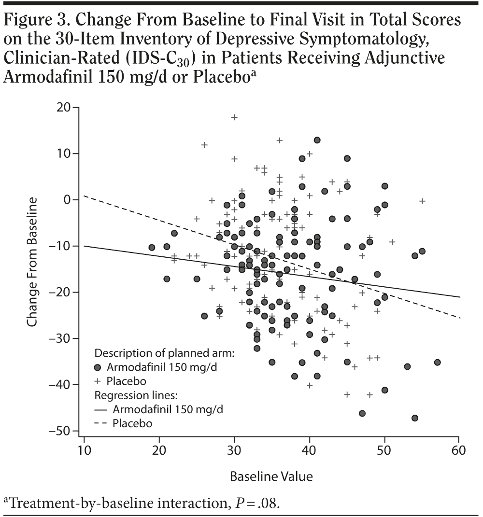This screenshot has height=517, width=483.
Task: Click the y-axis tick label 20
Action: pyautogui.click(x=63, y=107)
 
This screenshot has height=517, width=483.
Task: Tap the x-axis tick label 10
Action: pyautogui.click(x=84, y=451)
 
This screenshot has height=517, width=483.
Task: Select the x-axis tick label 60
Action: pyautogui.click(x=458, y=451)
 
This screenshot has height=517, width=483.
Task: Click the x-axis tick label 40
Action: pyautogui.click(x=309, y=451)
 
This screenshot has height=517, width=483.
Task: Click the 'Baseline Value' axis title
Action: pyautogui.click(x=271, y=476)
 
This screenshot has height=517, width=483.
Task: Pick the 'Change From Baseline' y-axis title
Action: pyautogui.click(x=32, y=262)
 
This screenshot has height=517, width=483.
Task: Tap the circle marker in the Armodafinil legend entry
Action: pyautogui.click(x=100, y=367)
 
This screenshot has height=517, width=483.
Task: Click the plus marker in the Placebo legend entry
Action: pyautogui.click(x=100, y=381)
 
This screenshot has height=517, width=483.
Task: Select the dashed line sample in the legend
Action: pyautogui.click(x=100, y=424)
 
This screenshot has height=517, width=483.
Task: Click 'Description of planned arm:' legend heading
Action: pyautogui.click(x=164, y=352)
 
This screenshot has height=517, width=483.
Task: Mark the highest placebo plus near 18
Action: pyautogui.click(x=234, y=117)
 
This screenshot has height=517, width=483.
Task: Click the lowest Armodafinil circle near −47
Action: pyautogui.click(x=414, y=418)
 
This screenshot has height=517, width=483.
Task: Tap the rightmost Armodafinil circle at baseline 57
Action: pyautogui.click(x=437, y=362)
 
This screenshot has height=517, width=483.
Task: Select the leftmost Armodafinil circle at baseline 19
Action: pyautogui.click(x=152, y=247)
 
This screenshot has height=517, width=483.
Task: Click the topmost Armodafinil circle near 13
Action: pyautogui.click(x=317, y=140)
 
